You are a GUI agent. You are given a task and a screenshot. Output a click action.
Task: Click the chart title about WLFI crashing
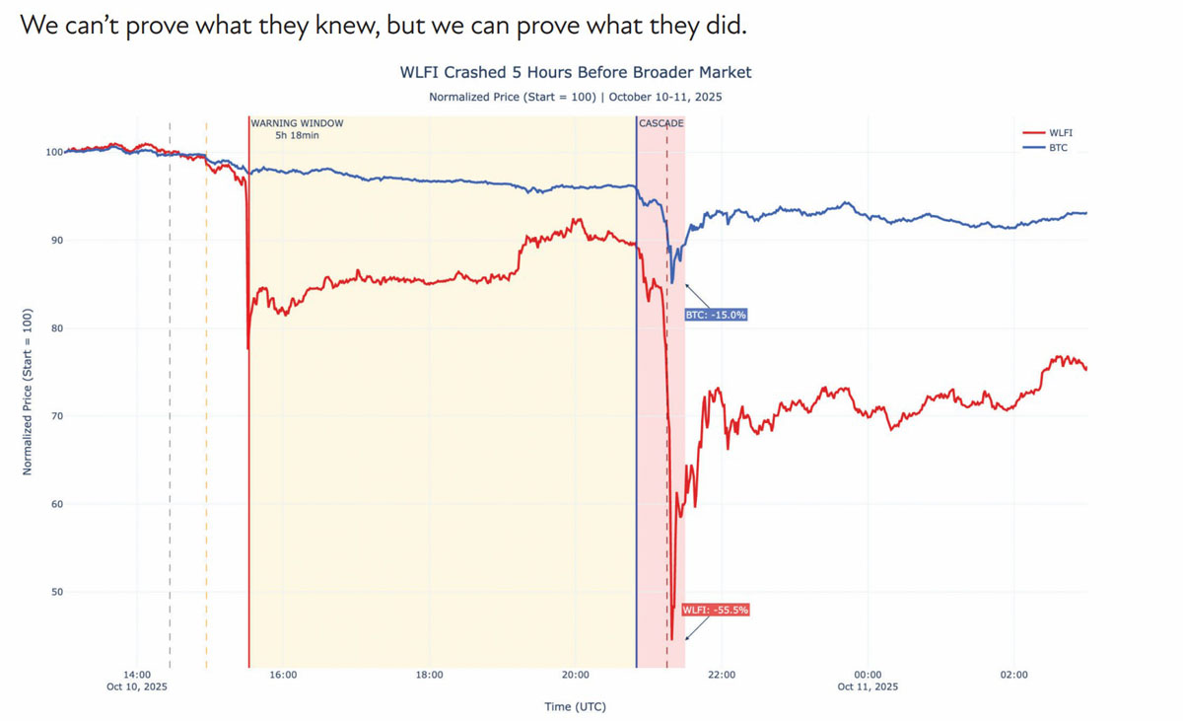(575, 73)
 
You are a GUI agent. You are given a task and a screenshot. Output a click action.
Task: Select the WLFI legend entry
(1061, 131)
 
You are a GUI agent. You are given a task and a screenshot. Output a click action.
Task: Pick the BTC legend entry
(1058, 147)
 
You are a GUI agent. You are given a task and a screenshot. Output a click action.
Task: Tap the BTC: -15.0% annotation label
(716, 315)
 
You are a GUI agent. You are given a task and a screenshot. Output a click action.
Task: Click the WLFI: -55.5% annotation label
(716, 611)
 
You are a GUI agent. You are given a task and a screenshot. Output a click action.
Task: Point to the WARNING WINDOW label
(297, 123)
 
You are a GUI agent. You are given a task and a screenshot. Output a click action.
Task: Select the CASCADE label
(661, 123)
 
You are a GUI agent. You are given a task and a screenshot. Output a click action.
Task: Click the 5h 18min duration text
(297, 135)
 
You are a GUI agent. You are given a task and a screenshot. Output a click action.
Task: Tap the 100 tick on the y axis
(52, 152)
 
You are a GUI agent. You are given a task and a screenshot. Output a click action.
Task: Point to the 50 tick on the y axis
(55, 593)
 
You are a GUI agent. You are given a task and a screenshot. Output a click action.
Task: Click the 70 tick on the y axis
(55, 416)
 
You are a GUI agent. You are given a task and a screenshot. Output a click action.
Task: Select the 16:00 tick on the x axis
(283, 675)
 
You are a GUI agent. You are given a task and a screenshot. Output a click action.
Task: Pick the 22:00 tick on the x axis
(722, 675)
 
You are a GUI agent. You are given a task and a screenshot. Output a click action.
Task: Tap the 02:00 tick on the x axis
(1013, 675)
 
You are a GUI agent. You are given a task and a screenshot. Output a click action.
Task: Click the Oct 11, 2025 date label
(868, 686)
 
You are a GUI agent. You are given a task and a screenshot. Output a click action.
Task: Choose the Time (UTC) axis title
(575, 706)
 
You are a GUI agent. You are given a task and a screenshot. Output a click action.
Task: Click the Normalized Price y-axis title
(28, 392)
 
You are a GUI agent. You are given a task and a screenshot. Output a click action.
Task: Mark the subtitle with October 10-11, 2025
(575, 97)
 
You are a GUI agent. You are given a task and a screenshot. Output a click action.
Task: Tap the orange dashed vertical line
(206, 395)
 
